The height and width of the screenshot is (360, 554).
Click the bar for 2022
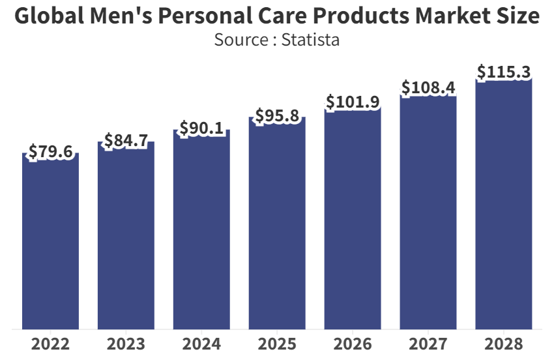point(50,241)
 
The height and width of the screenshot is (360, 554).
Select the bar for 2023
point(126,235)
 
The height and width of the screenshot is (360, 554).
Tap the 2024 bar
point(201,228)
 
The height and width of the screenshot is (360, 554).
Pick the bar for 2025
point(277,222)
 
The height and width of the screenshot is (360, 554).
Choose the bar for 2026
point(353,215)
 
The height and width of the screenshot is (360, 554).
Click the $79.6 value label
point(50,153)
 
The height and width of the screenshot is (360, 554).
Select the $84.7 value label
point(126,140)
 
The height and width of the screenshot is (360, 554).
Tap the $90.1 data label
point(201,128)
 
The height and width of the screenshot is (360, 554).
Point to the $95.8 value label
point(277,116)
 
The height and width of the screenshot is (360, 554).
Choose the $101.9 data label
point(353,102)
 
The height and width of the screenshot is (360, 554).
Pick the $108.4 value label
point(428,87)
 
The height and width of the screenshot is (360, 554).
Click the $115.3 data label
point(504,72)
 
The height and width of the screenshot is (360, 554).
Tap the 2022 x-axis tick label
point(50,344)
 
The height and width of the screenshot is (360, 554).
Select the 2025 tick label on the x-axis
point(277,344)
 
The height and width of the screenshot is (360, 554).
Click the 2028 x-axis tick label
point(504,344)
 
